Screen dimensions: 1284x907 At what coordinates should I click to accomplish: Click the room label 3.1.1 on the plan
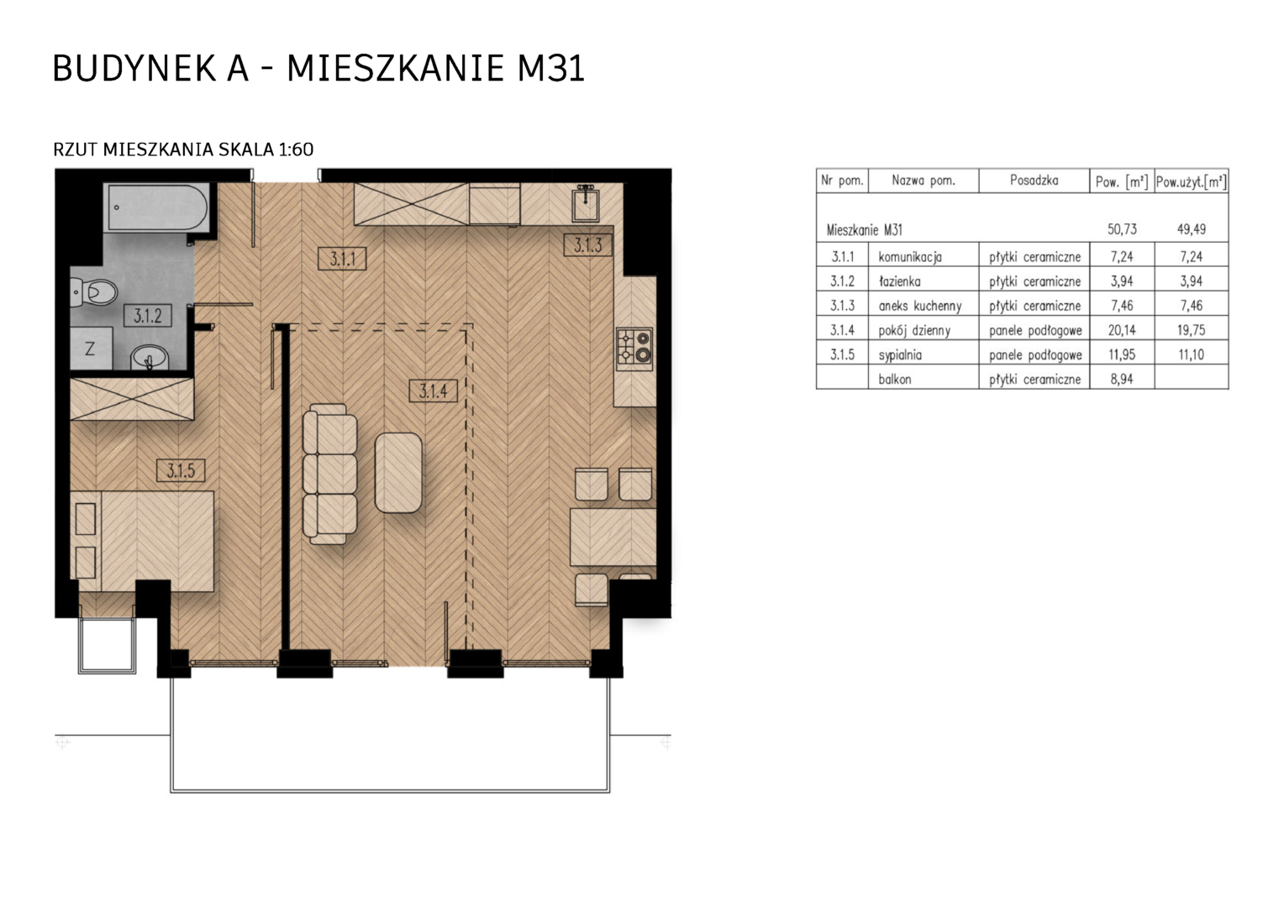tap(342, 259)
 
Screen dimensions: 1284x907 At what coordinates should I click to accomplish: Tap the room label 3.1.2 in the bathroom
tap(148, 316)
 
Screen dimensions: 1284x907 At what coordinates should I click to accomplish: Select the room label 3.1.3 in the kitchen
tap(587, 245)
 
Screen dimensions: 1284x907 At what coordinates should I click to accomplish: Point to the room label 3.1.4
tap(434, 391)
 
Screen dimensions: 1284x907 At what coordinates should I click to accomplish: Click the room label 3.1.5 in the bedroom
tap(182, 471)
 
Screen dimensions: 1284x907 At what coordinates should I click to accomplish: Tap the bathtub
tap(155, 207)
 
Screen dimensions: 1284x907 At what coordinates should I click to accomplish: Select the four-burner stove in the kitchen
tap(634, 349)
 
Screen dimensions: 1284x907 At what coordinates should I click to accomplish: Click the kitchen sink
tap(586, 204)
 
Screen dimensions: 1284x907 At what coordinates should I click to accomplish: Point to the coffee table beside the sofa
tap(398, 473)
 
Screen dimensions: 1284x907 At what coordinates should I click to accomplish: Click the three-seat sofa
tap(329, 474)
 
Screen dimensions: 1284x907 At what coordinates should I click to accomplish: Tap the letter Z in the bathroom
tap(90, 349)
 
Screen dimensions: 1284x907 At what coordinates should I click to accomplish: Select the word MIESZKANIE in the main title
tap(395, 68)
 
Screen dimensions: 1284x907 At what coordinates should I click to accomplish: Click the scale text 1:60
tap(296, 149)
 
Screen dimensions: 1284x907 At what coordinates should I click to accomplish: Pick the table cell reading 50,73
tap(1122, 230)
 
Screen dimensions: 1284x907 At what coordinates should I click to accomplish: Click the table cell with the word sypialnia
tap(900, 355)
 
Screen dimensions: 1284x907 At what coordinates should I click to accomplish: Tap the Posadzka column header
tap(1034, 181)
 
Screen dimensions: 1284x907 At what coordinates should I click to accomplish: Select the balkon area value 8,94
tap(1122, 380)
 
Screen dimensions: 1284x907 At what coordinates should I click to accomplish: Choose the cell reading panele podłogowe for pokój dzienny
tap(1035, 331)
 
